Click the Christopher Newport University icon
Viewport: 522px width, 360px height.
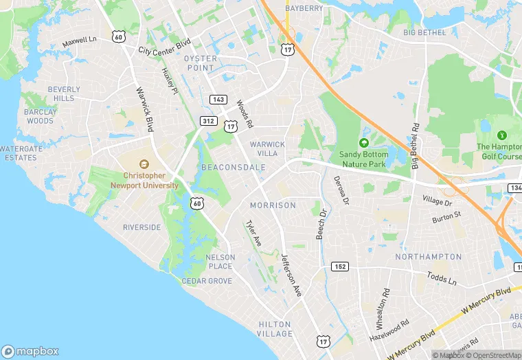point(144,164)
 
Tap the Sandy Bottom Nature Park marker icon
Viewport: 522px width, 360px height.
point(363,142)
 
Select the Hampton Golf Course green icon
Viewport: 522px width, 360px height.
point(501,135)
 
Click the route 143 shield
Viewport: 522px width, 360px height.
point(218,100)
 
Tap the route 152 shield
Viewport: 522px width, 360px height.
point(339,267)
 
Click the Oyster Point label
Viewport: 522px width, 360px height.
point(201,63)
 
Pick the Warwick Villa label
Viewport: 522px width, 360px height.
point(267,148)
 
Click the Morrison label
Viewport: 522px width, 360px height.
point(273,205)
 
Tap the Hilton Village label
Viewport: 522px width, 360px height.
point(275,329)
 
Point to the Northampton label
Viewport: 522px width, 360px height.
point(429,256)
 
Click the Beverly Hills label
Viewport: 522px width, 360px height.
point(64,94)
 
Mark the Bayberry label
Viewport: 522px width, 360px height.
point(303,8)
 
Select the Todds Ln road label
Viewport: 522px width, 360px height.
point(442,278)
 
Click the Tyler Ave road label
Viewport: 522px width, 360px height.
point(254,234)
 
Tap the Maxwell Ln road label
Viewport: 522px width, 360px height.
point(80,42)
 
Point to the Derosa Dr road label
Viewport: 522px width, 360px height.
point(342,190)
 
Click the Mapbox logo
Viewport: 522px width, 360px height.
point(30,351)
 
